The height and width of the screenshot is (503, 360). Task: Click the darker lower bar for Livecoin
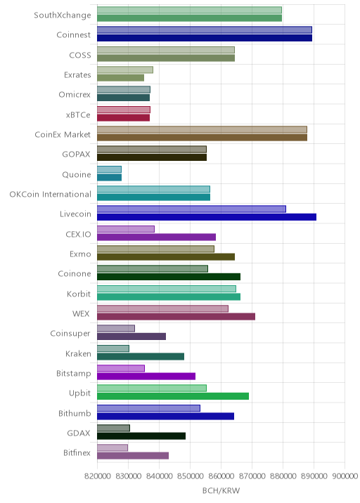click(207, 217)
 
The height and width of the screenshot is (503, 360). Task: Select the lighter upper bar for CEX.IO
click(126, 229)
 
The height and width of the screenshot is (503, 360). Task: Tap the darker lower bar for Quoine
click(109, 178)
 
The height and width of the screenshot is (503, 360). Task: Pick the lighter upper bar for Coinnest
click(205, 30)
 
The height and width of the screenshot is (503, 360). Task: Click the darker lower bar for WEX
click(176, 317)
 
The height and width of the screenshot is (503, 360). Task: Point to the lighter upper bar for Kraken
click(113, 348)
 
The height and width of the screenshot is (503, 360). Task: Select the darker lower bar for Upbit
click(173, 396)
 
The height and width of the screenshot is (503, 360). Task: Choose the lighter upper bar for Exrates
click(125, 70)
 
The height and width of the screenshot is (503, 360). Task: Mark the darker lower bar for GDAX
click(141, 436)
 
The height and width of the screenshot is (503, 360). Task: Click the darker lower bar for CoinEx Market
click(202, 138)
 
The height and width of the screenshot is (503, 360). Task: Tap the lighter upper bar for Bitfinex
click(112, 448)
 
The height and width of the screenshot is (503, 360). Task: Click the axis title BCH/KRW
click(221, 490)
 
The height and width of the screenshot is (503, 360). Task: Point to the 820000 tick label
click(98, 476)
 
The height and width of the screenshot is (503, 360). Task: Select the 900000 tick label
click(345, 476)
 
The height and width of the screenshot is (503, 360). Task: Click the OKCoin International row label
click(51, 195)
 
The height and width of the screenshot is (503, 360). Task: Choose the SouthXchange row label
click(63, 15)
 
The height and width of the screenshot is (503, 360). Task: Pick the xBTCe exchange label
click(78, 115)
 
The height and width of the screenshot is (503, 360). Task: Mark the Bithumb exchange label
click(75, 413)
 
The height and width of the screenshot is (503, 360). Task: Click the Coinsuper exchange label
click(70, 334)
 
